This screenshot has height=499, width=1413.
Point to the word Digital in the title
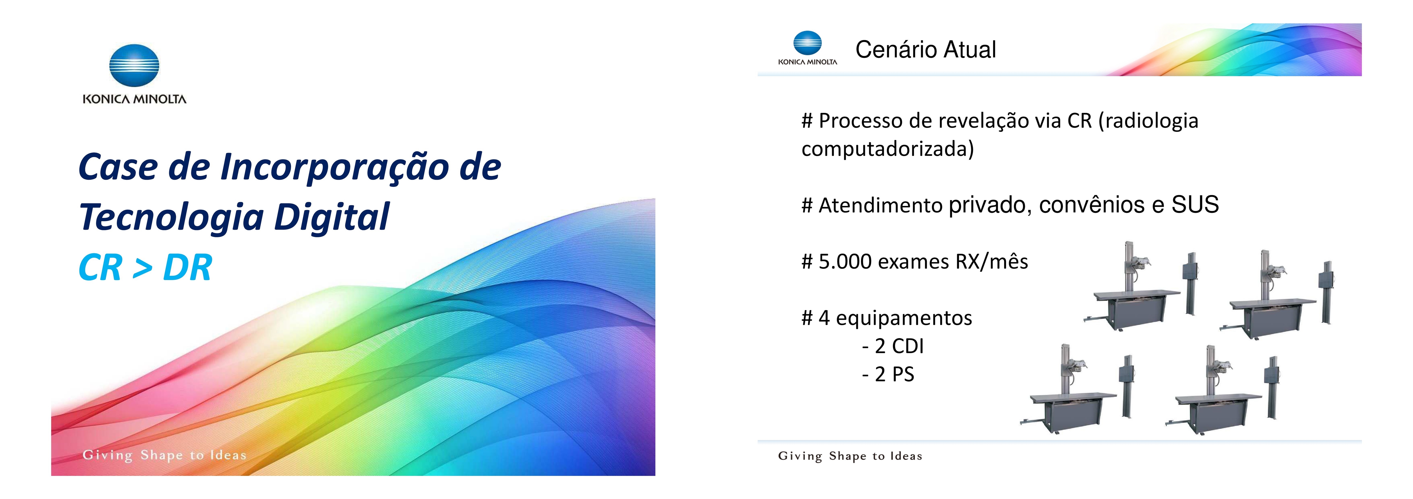point(332,217)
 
